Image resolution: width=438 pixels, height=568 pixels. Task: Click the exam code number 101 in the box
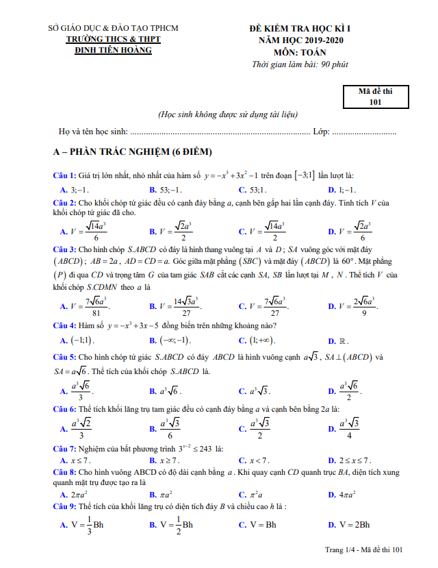[x=374, y=102]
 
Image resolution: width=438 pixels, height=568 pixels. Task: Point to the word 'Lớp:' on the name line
[x=321, y=130]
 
